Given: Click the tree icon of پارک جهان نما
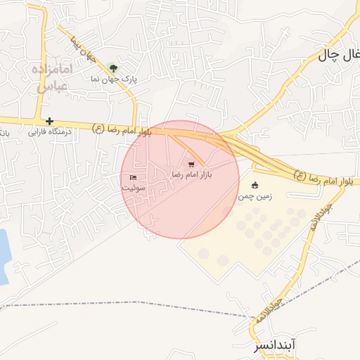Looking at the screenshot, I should pos(113,68).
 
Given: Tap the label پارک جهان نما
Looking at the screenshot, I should pos(112,80).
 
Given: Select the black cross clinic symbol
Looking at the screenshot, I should pos(49,122).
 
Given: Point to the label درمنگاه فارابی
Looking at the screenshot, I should pos(44,131).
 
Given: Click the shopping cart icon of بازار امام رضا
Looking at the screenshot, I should pos(192,164).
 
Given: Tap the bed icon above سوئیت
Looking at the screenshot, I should pos(133,177).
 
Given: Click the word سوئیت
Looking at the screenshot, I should pos(133,188).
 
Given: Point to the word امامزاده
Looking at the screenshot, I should pos(52,70).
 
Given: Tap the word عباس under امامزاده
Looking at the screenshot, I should pos(51,86).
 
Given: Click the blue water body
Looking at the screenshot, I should pos(3,257).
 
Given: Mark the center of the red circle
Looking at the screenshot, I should pos(180,179).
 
